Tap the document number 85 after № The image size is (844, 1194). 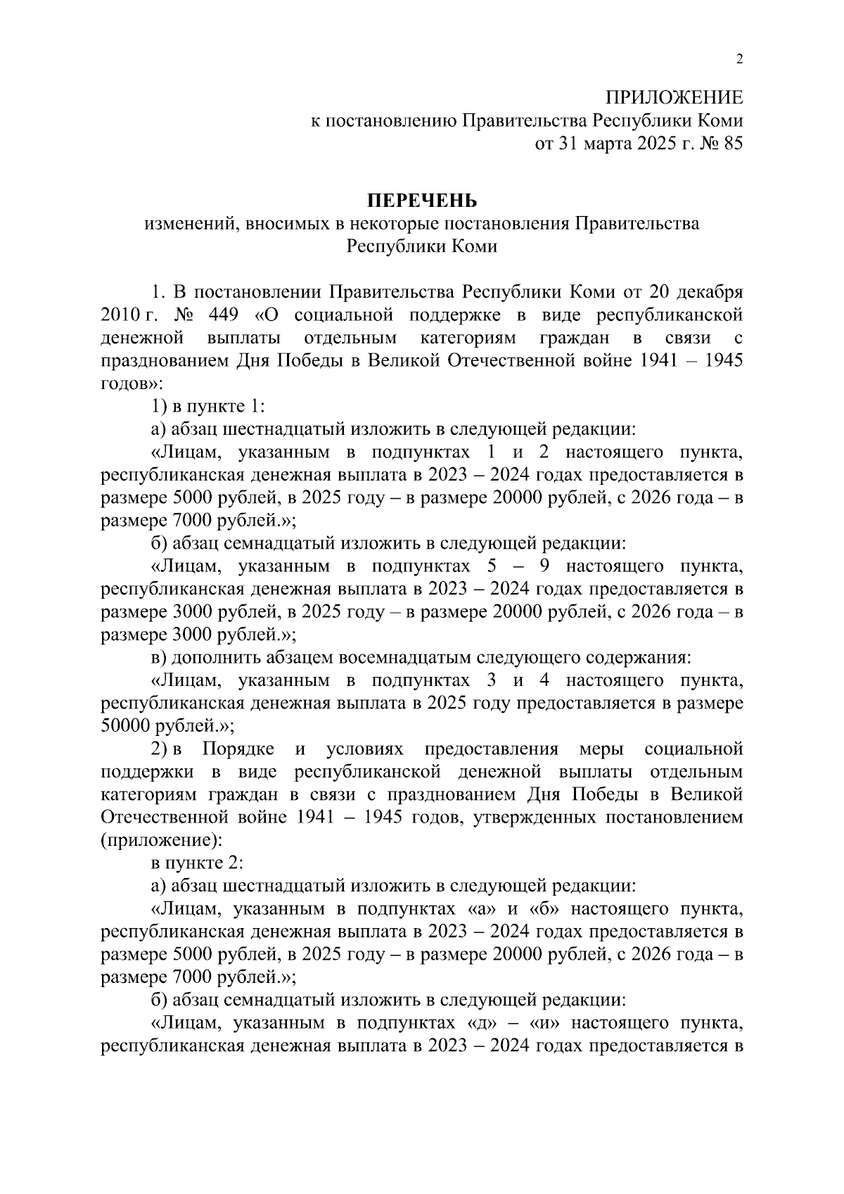click(732, 144)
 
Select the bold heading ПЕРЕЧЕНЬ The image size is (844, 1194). click(421, 201)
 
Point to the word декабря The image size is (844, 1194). click(707, 291)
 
